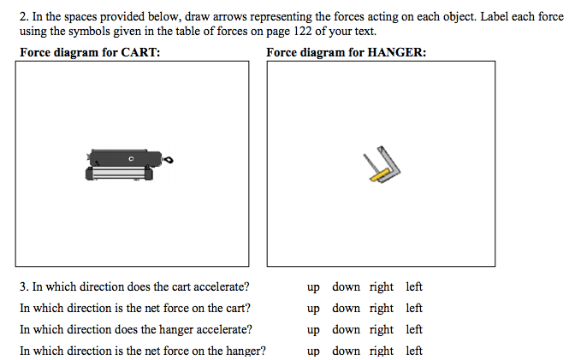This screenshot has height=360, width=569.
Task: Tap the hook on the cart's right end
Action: [169, 159]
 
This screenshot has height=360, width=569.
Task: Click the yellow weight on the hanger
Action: [381, 174]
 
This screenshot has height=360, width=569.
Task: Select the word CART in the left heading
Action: [141, 53]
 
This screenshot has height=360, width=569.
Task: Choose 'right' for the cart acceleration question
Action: [382, 287]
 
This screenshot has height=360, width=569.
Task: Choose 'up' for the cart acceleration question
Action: [313, 287]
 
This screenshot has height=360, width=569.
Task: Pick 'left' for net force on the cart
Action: [414, 309]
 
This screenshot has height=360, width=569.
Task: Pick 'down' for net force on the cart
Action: [347, 309]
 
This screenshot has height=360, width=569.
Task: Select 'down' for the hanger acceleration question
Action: [347, 329]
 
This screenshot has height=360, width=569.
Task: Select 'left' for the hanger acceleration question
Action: [414, 329]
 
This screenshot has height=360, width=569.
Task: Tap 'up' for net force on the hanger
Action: [313, 351]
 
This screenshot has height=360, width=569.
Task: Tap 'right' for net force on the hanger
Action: [382, 351]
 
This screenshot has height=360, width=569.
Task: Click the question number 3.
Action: [24, 287]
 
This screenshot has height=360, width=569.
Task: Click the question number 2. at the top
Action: [24, 16]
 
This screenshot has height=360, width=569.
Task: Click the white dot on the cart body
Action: [131, 159]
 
